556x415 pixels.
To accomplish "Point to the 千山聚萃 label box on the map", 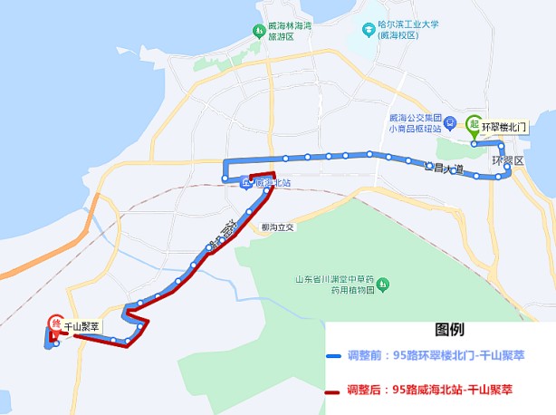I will [81, 324].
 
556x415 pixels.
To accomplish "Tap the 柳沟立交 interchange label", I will [277, 227].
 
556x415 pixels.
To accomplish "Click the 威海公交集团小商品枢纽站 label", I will [414, 123].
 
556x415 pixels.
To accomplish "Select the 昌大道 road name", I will [445, 169].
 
